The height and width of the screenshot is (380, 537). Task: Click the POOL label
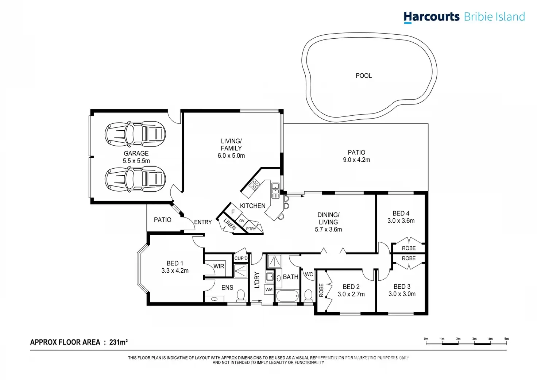[364, 76]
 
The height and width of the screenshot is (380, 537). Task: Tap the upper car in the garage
[135, 134]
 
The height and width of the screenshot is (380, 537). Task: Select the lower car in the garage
[135, 179]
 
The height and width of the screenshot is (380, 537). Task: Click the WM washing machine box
[269, 289]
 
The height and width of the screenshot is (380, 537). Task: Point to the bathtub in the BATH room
[287, 296]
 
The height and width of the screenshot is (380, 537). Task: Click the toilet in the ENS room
[240, 296]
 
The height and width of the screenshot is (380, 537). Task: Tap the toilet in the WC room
[308, 296]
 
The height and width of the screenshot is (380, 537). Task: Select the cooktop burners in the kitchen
[254, 184]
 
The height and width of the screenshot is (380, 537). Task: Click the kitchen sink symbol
[275, 191]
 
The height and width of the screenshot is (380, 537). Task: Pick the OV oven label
[242, 221]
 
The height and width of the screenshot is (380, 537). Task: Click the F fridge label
[233, 212]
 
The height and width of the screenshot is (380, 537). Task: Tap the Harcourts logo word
[432, 17]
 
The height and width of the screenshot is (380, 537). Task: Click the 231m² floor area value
[119, 342]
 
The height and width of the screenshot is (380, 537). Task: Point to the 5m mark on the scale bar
[506, 339]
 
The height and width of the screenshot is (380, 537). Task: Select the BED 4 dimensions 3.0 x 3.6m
[401, 221]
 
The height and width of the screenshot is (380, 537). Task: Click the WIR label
[219, 266]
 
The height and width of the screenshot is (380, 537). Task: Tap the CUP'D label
[241, 258]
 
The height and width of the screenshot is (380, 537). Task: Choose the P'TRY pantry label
[251, 229]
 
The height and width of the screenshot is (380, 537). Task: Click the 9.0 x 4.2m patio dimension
[356, 160]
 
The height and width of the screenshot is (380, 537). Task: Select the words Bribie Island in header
[494, 17]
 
